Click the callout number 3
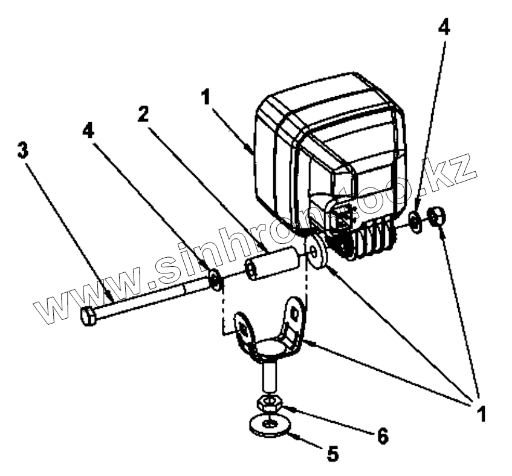[23, 150]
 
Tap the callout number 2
[143, 114]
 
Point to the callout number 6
[382, 435]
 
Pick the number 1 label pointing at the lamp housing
[207, 97]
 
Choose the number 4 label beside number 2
[89, 131]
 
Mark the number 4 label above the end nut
[443, 28]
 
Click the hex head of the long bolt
[88, 316]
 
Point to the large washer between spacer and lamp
[316, 251]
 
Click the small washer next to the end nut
[416, 221]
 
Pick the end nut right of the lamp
[437, 216]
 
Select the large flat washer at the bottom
[270, 423]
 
